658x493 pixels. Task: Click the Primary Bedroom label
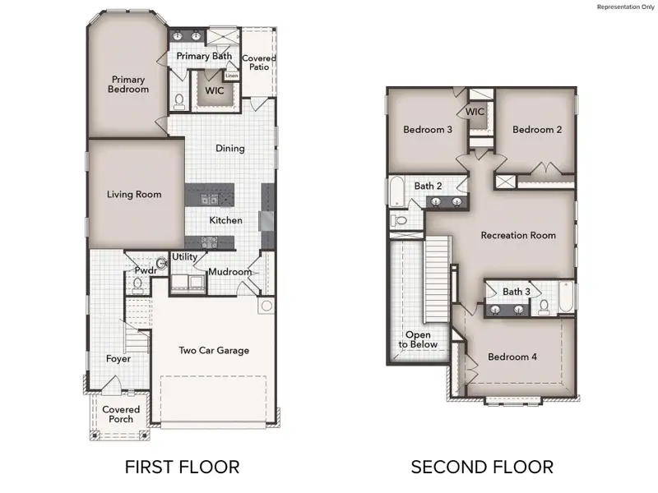click(129, 84)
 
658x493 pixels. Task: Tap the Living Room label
click(134, 195)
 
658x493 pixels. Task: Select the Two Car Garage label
click(214, 350)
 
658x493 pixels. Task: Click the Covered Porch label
click(121, 414)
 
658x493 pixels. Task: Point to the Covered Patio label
click(258, 64)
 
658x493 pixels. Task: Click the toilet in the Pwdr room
click(138, 284)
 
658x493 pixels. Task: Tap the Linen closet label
click(232, 76)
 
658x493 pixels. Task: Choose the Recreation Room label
click(518, 235)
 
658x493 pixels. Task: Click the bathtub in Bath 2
click(397, 191)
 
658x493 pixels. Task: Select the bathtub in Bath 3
click(567, 297)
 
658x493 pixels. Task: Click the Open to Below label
click(418, 339)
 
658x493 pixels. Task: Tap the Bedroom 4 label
click(512, 357)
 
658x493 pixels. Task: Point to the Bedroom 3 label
click(428, 129)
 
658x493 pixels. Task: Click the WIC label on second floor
click(475, 112)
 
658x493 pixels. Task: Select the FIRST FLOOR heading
click(182, 468)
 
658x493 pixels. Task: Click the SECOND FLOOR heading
click(482, 468)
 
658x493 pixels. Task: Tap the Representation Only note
click(624, 7)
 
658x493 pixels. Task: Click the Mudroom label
click(229, 272)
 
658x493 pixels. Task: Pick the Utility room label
click(184, 257)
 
